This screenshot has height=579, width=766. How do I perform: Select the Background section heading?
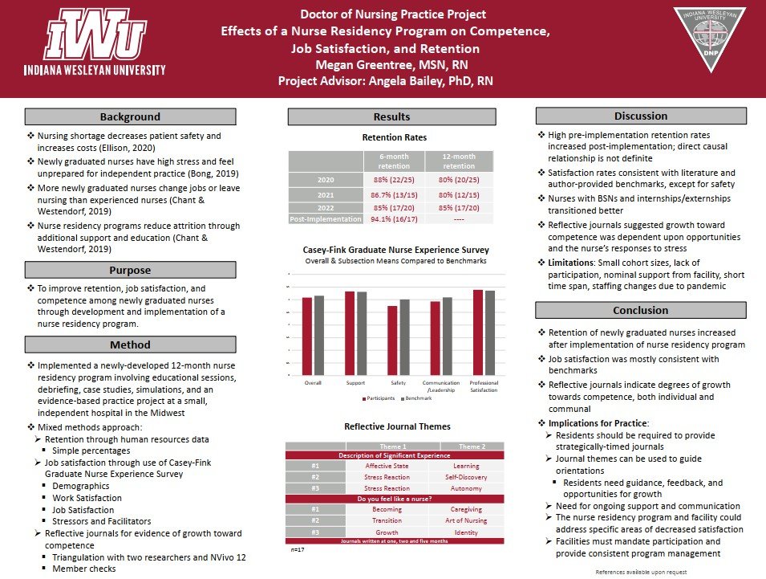[130, 117]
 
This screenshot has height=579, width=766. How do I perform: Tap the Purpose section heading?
[130, 271]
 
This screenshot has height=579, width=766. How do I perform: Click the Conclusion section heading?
[640, 311]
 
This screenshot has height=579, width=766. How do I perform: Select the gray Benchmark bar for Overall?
[319, 336]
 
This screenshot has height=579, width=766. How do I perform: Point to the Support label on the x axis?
[355, 382]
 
